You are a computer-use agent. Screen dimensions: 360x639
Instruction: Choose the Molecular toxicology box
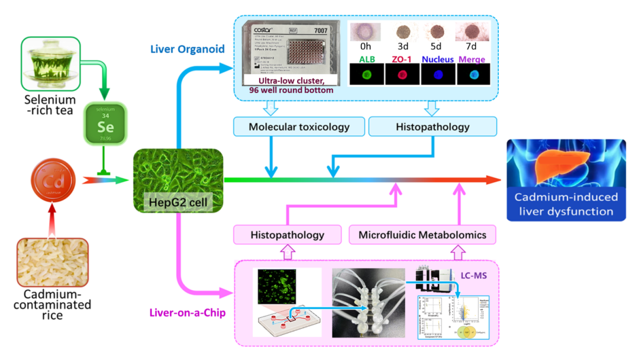pyautogui.click(x=299, y=127)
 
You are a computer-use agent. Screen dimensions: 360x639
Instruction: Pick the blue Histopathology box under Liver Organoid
pyautogui.click(x=433, y=127)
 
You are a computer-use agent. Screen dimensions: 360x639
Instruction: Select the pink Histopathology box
pyautogui.click(x=287, y=234)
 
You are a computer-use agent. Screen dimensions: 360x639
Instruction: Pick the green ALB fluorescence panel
pyautogui.click(x=363, y=76)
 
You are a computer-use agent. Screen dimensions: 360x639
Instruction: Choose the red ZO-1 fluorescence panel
pyautogui.click(x=399, y=76)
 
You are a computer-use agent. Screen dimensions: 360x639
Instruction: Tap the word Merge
pyautogui.click(x=471, y=59)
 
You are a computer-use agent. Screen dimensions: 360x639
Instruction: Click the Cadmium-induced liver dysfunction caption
pyautogui.click(x=566, y=204)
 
